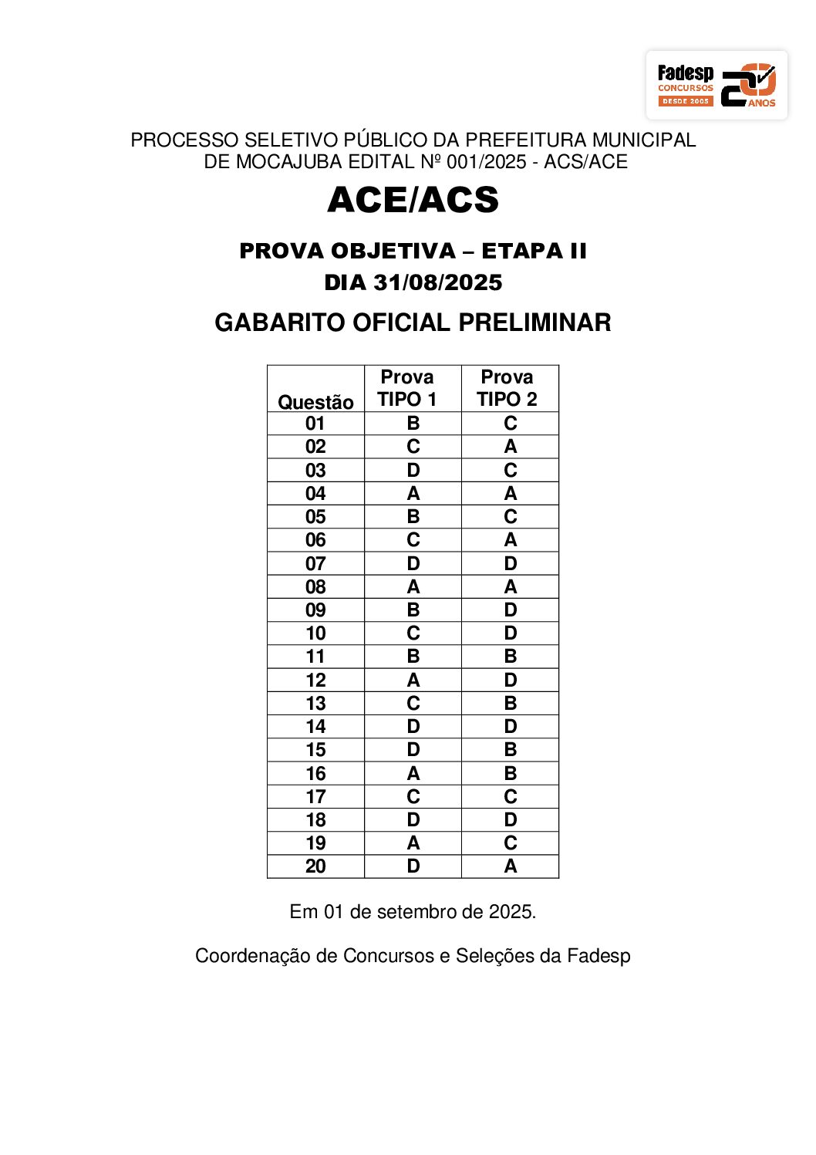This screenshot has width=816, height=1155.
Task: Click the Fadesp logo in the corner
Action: pyautogui.click(x=716, y=86)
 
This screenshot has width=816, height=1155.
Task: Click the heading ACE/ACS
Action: pyautogui.click(x=413, y=200)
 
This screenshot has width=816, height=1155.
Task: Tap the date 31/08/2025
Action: pyautogui.click(x=437, y=282)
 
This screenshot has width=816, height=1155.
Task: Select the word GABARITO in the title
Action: pyautogui.click(x=280, y=323)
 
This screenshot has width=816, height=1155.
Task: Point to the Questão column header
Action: pyautogui.click(x=315, y=402)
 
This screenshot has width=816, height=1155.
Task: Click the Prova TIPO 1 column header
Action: pyautogui.click(x=407, y=388)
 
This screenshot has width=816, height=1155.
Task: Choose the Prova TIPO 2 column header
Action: pyautogui.click(x=507, y=388)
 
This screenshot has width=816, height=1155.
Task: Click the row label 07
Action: pyautogui.click(x=315, y=564)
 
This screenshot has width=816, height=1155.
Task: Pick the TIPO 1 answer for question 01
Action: pyautogui.click(x=413, y=424)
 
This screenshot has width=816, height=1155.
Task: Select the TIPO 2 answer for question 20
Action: pyautogui.click(x=511, y=866)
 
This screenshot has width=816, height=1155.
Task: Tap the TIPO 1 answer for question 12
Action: pyautogui.click(x=413, y=681)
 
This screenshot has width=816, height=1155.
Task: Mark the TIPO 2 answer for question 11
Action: pyautogui.click(x=511, y=657)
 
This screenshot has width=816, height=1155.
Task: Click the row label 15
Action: pyautogui.click(x=315, y=750)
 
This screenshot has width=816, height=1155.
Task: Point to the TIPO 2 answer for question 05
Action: pyautogui.click(x=511, y=517)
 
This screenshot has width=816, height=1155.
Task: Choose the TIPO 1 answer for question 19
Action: pyautogui.click(x=413, y=843)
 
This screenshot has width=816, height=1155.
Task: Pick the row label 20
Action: pyautogui.click(x=315, y=866)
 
